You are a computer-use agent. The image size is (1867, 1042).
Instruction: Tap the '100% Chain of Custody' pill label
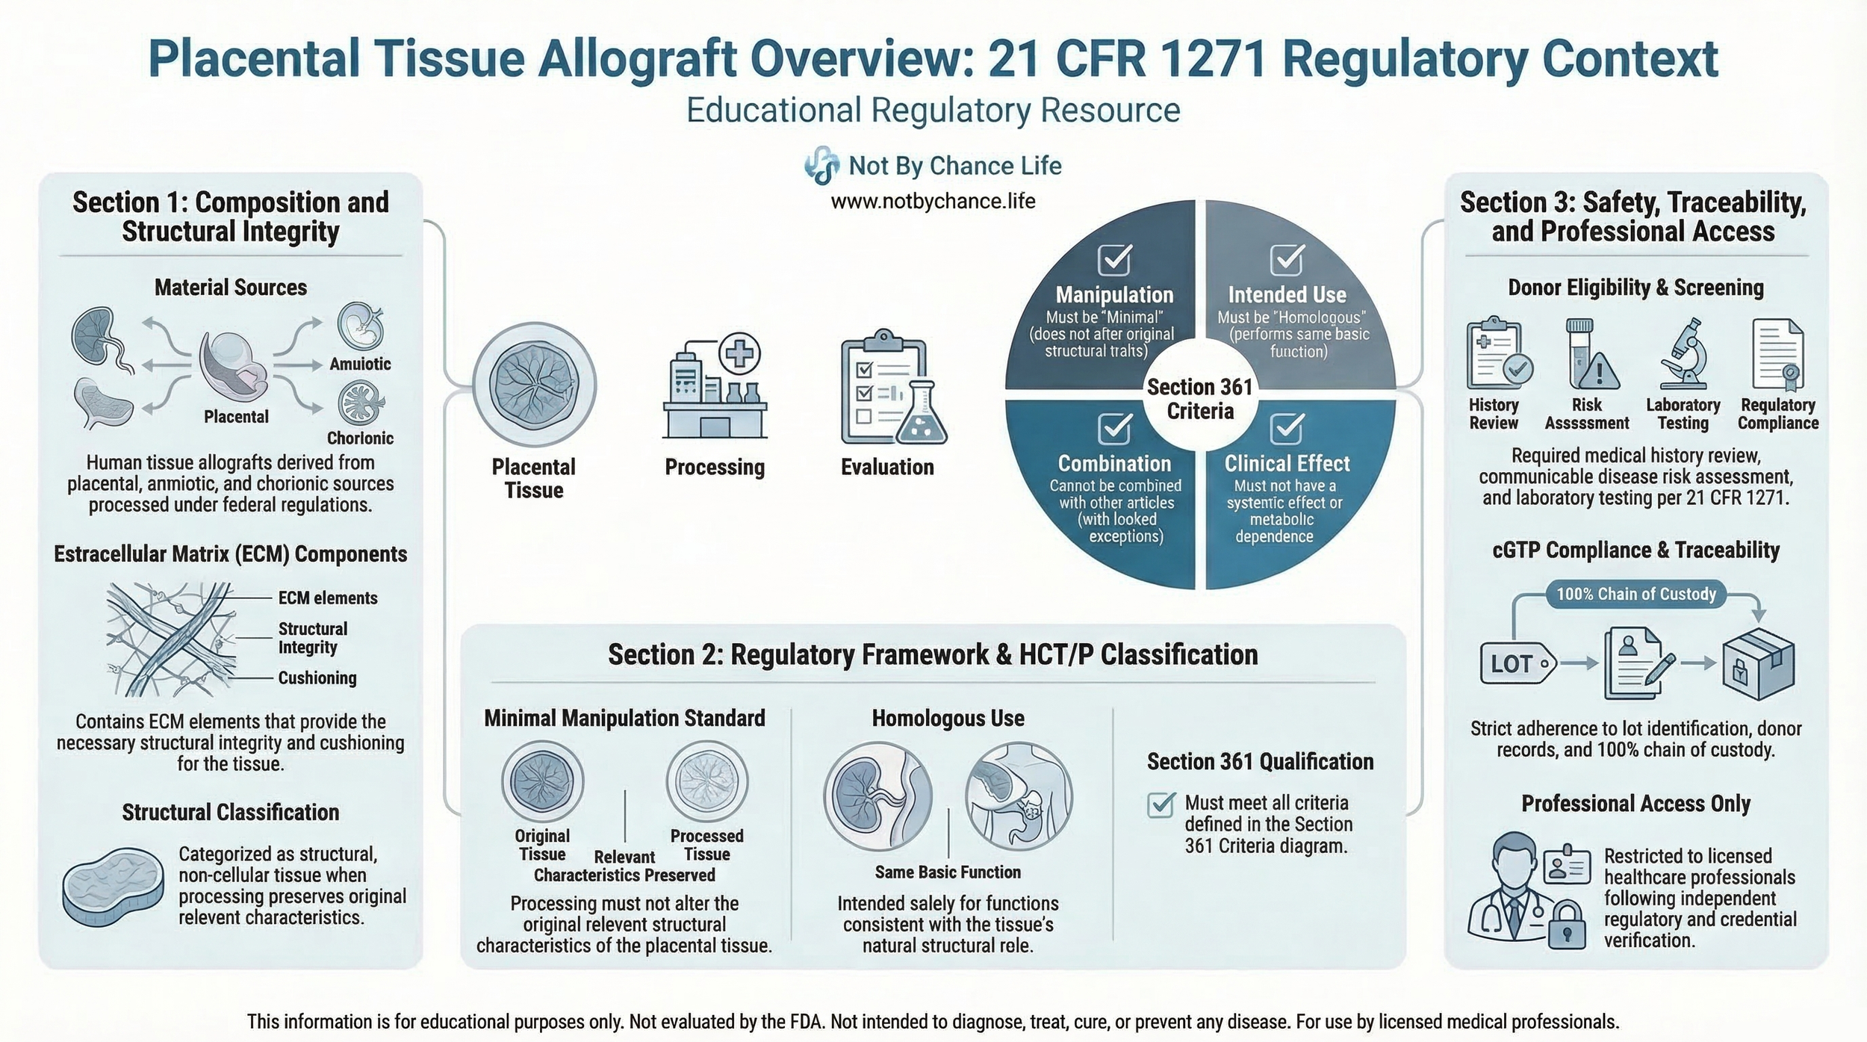[x=1635, y=594]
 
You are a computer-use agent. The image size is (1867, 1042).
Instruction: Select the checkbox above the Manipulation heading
[x=1114, y=260]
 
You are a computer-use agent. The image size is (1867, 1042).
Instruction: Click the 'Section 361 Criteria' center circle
[x=1199, y=399]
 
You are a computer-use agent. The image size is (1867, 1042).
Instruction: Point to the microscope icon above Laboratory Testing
[x=1683, y=354]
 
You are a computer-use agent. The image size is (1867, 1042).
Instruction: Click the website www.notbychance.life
[x=933, y=202]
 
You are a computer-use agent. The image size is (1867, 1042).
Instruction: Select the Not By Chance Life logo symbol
[x=821, y=165]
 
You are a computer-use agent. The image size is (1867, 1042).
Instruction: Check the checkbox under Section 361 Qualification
[x=1161, y=805]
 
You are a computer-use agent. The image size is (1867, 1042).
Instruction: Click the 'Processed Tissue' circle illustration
[x=706, y=781]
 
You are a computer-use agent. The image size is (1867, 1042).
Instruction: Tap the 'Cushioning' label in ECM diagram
[x=317, y=678]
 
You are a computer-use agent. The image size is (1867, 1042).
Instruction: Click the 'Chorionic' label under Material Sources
[x=360, y=438]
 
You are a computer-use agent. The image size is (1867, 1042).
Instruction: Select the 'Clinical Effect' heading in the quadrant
[x=1287, y=464]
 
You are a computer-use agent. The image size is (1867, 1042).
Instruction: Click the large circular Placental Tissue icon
[x=534, y=385]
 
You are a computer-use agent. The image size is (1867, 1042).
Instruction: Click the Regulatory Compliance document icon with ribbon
[x=1778, y=356]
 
